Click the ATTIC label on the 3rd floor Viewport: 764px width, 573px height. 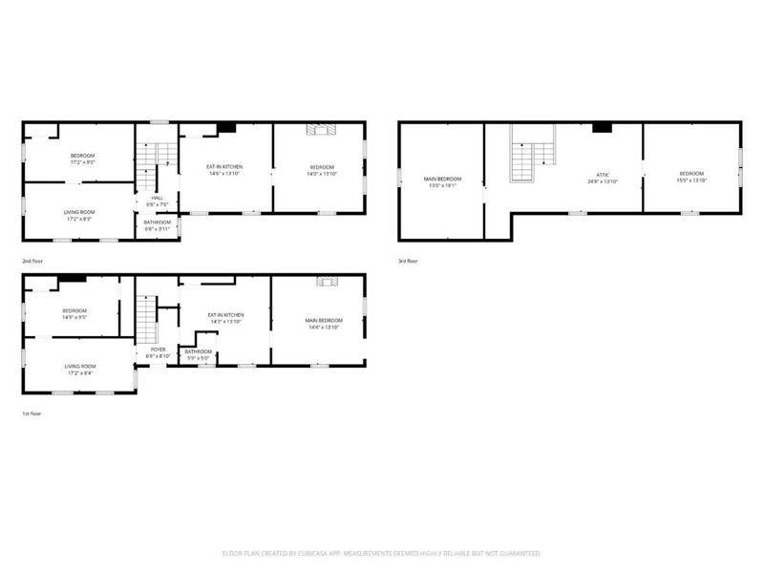[603, 175]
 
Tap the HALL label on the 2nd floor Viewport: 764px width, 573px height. [157, 198]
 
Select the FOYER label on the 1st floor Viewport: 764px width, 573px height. [158, 350]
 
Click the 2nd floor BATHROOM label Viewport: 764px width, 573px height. [157, 223]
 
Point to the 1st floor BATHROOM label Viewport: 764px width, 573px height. [198, 351]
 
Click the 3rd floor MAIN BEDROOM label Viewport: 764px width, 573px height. [442, 179]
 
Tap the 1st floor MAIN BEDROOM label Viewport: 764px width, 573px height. [324, 320]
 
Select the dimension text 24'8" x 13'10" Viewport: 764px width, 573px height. [603, 181]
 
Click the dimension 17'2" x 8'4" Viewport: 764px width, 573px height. [78, 371]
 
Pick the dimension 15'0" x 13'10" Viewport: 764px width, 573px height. [690, 180]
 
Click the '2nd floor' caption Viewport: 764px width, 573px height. [33, 260]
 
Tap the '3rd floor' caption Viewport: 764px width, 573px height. [409, 260]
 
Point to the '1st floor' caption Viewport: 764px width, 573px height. [32, 414]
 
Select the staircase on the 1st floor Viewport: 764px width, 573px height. [144, 319]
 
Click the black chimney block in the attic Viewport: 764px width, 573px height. [602, 127]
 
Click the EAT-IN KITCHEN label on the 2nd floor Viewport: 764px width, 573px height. [225, 167]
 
